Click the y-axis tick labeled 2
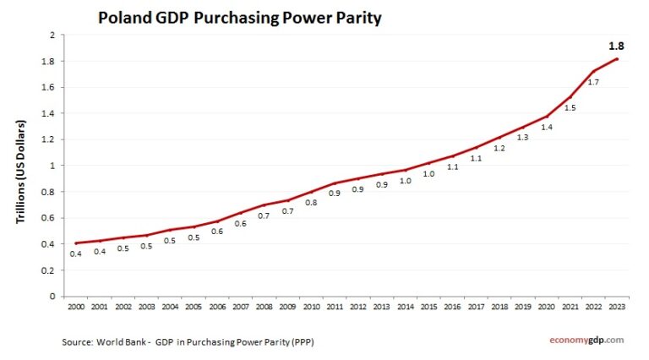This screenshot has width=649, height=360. tap(52, 35)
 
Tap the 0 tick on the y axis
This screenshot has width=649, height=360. tap(52, 297)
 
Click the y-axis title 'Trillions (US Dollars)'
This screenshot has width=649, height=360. tap(19, 172)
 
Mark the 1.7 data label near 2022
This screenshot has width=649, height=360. tap(594, 82)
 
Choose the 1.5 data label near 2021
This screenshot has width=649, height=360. tap(570, 108)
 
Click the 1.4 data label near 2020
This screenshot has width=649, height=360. tap(547, 127)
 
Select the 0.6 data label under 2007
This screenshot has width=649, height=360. tap(240, 224)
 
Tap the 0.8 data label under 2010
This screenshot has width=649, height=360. tap(311, 203)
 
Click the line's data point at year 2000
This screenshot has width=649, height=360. tap(75, 243)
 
